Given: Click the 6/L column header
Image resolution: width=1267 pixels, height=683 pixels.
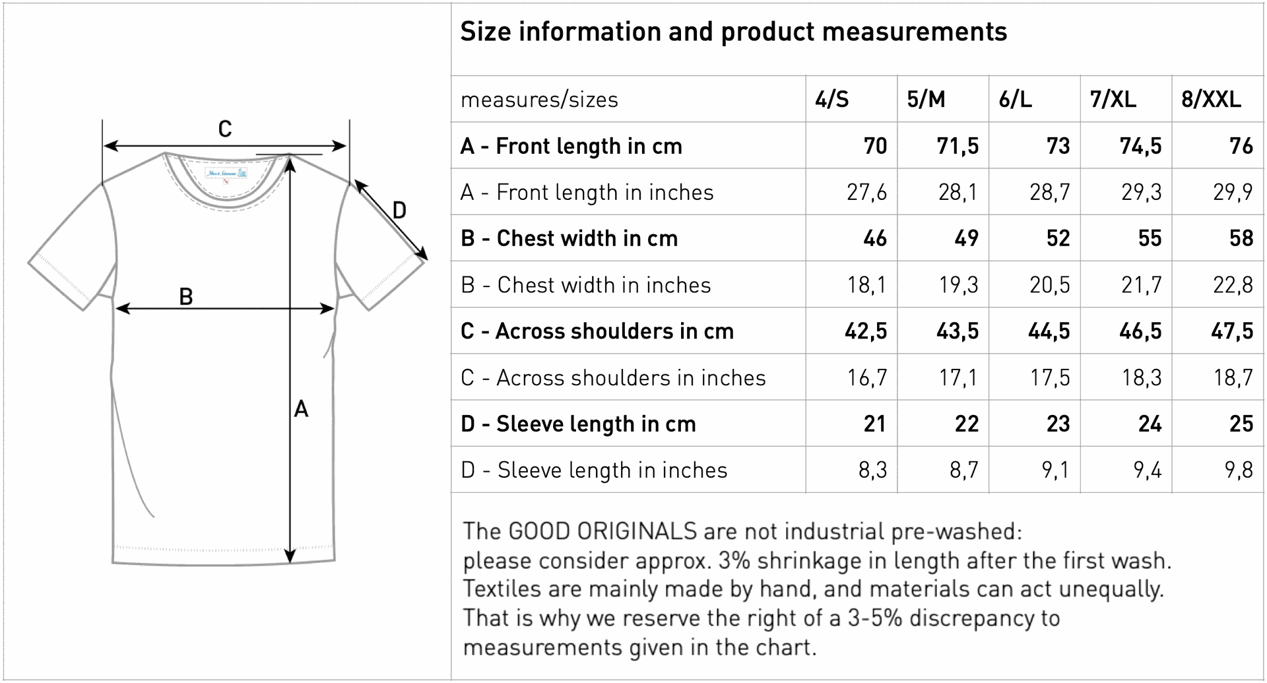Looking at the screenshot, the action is pos(1015,100).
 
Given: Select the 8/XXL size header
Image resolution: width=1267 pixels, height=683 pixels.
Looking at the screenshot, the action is pos(1211,100).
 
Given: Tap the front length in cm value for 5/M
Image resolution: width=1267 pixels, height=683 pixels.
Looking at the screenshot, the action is pos(958,146).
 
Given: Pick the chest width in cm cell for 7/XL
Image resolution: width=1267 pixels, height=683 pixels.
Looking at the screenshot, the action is pos(1150,238).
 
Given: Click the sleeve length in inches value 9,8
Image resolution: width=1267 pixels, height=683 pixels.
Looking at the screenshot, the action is pos(1239,470).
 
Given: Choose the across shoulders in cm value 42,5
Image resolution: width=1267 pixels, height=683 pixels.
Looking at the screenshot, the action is pos(866,331).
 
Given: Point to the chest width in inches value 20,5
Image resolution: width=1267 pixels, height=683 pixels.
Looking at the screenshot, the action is pos(1049,285).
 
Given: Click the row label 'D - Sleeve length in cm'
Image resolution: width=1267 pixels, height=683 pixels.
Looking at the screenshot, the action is pos(578,424).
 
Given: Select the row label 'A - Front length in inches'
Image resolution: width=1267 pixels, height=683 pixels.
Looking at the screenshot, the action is pos(587,192).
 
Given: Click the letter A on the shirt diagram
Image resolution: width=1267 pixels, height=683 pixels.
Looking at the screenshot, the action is pos(301,409).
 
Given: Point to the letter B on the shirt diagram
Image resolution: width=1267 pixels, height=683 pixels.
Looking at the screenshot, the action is pos(186,297).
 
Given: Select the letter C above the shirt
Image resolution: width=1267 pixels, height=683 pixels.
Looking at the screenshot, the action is pos(225,129).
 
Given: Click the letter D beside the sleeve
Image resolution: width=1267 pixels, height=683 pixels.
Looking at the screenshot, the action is pos(399,211).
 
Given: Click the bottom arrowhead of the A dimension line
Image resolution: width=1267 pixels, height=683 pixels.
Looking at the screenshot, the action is pos(290,557).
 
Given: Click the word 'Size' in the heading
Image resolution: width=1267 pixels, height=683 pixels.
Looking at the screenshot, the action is pos(485,32).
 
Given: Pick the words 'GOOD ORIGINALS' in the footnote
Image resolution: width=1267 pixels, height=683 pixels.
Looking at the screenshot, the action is pos(602,531).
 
